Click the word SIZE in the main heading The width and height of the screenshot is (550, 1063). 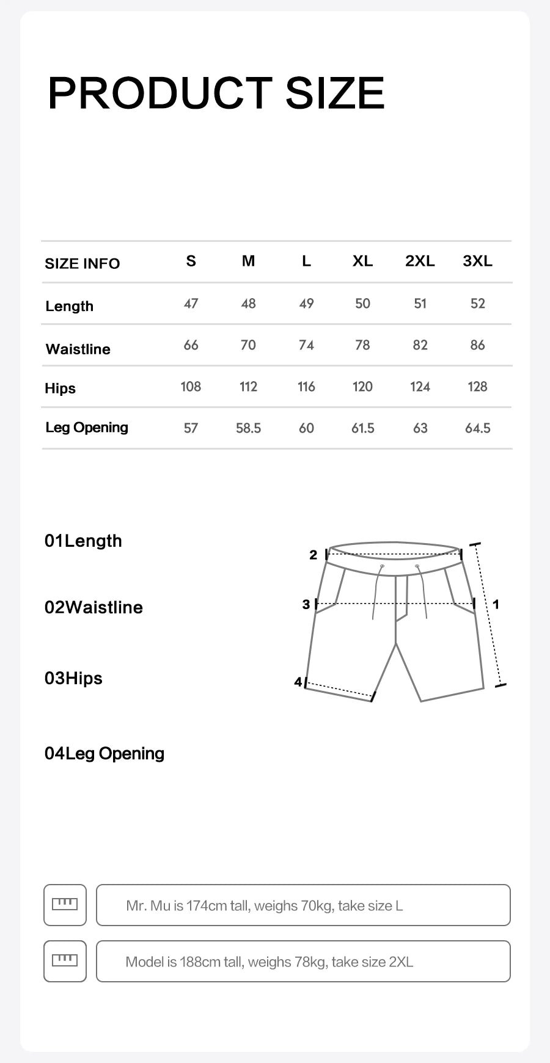click(334, 93)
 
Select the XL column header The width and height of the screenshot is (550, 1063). click(362, 261)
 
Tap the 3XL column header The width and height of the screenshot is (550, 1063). click(477, 261)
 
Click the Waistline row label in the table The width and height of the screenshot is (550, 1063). click(78, 349)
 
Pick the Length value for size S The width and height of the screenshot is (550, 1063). click(191, 304)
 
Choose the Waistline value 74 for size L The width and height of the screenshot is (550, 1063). click(306, 345)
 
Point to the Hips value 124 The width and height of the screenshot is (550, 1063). click(420, 387)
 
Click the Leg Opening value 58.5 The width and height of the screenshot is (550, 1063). click(248, 428)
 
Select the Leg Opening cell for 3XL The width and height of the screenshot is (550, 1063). click(477, 428)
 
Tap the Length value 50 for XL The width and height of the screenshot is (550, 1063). click(362, 304)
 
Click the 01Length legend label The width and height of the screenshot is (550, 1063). click(83, 541)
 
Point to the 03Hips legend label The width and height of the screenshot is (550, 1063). click(73, 678)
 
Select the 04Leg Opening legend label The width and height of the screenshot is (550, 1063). click(105, 753)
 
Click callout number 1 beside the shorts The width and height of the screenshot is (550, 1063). click(496, 604)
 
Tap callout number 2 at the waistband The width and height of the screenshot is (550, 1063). click(313, 555)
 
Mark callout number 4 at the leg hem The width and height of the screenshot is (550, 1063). click(298, 681)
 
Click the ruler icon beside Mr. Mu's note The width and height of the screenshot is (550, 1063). click(65, 905)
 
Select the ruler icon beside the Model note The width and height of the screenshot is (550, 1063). click(65, 961)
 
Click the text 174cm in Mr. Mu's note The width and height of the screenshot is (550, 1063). click(206, 905)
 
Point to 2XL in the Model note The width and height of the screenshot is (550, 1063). click(401, 962)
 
